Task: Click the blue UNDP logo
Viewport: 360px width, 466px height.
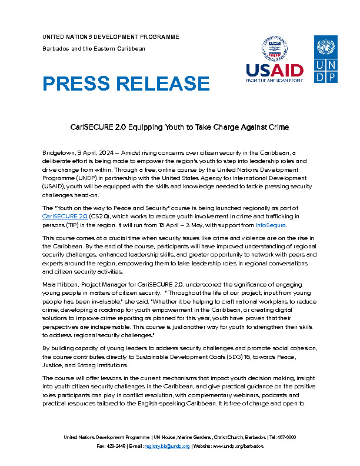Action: tap(325, 59)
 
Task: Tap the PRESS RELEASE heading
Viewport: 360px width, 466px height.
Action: tap(126, 84)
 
